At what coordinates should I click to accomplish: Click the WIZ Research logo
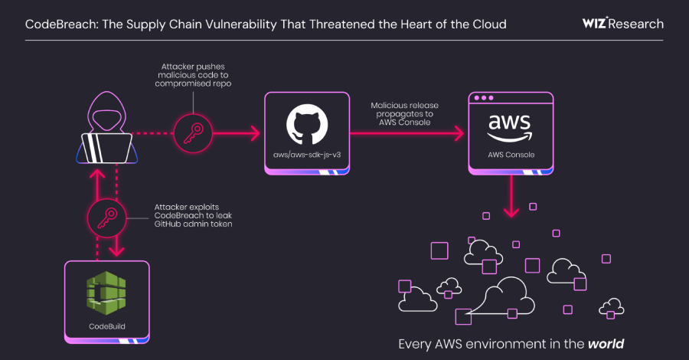pos(622,24)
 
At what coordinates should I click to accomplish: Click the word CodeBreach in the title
pos(56,25)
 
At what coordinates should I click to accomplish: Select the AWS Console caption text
pos(511,155)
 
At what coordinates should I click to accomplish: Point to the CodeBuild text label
pos(106,326)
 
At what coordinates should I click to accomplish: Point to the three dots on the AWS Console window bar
pos(483,99)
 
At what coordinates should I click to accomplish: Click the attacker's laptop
pos(106,146)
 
